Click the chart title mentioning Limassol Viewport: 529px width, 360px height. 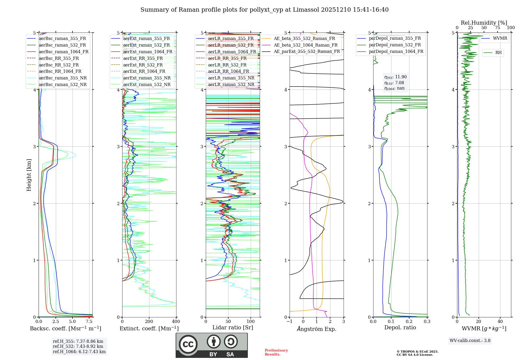click(264, 10)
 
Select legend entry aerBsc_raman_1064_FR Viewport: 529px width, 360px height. click(63, 52)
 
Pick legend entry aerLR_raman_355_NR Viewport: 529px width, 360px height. click(231, 78)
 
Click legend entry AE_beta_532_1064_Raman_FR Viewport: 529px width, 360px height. click(305, 45)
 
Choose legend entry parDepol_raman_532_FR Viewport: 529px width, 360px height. click(395, 45)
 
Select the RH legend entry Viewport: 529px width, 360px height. click(498, 53)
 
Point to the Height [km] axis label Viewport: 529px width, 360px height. click(29, 175)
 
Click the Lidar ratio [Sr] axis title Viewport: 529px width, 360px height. click(233, 327)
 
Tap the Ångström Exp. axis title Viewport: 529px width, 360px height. click(317, 329)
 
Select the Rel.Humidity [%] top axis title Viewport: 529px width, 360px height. click(484, 23)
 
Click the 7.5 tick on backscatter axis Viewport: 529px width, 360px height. click(89, 322)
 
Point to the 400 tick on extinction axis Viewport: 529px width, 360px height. click(176, 322)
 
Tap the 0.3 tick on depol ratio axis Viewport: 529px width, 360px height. click(427, 322)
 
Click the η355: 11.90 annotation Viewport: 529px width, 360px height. click(395, 77)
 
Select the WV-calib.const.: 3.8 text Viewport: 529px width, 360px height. click(470, 341)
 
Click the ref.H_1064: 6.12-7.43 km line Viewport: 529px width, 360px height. click(79, 352)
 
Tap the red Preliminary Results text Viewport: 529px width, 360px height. click(276, 352)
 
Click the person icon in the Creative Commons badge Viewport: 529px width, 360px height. click(214, 341)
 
